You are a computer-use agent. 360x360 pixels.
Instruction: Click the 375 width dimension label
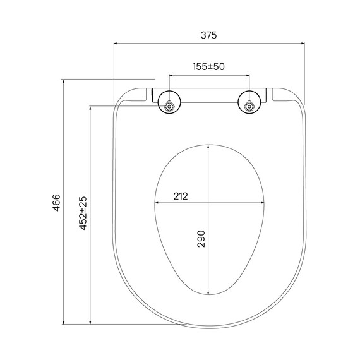pos(208,35)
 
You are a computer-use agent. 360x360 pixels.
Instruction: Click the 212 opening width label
pos(181,196)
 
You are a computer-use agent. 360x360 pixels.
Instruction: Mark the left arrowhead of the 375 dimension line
pos(116,44)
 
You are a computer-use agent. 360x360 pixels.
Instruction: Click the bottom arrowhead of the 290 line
pos(209,294)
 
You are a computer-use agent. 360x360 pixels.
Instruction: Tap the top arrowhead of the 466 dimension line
pos(63,82)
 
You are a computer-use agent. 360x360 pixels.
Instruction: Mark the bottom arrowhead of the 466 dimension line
pos(63,323)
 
